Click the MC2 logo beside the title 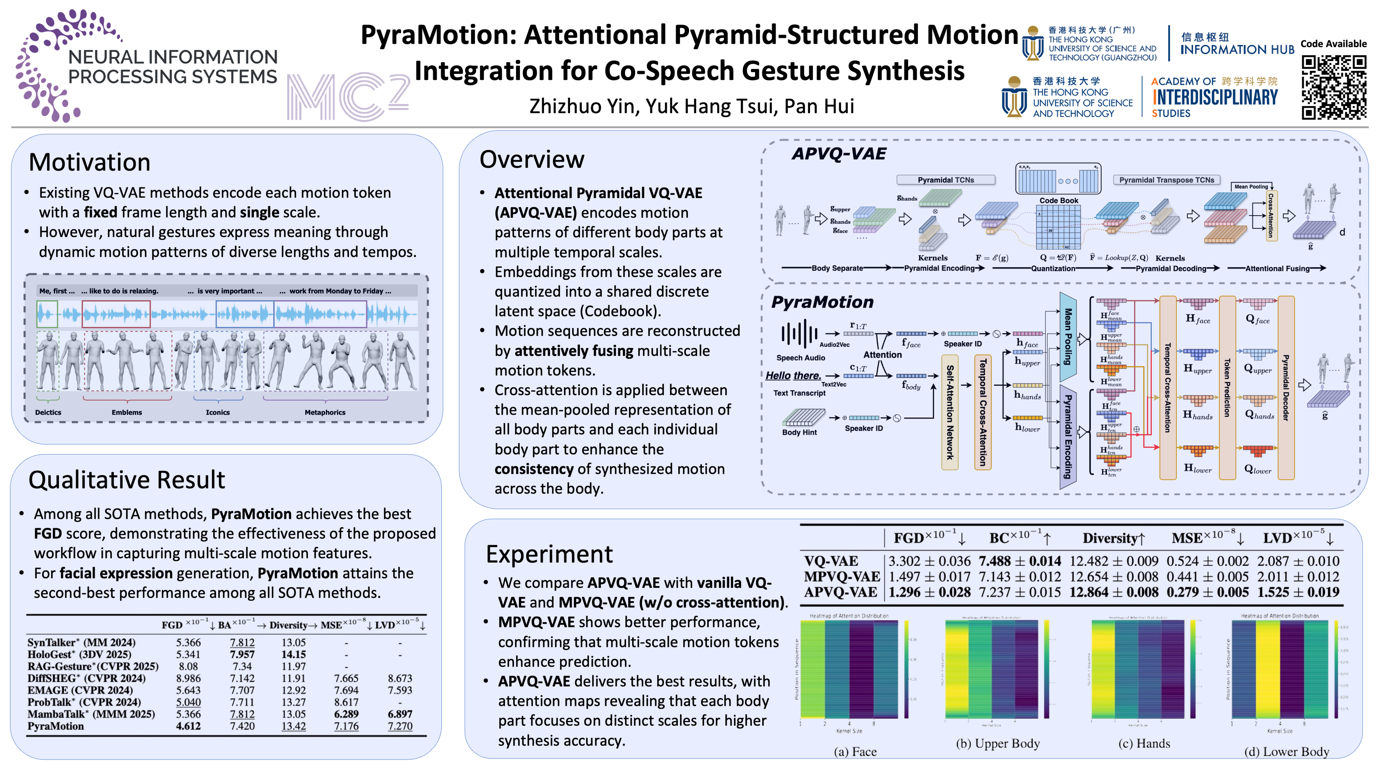pos(348,96)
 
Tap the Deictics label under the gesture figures pos(48,412)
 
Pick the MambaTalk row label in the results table pos(91,714)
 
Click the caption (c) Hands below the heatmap pos(1144,743)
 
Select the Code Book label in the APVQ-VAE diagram pos(1059,200)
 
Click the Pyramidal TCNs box pos(946,180)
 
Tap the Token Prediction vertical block pos(1227,388)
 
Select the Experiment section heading pos(549,554)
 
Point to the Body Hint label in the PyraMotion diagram pos(799,432)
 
